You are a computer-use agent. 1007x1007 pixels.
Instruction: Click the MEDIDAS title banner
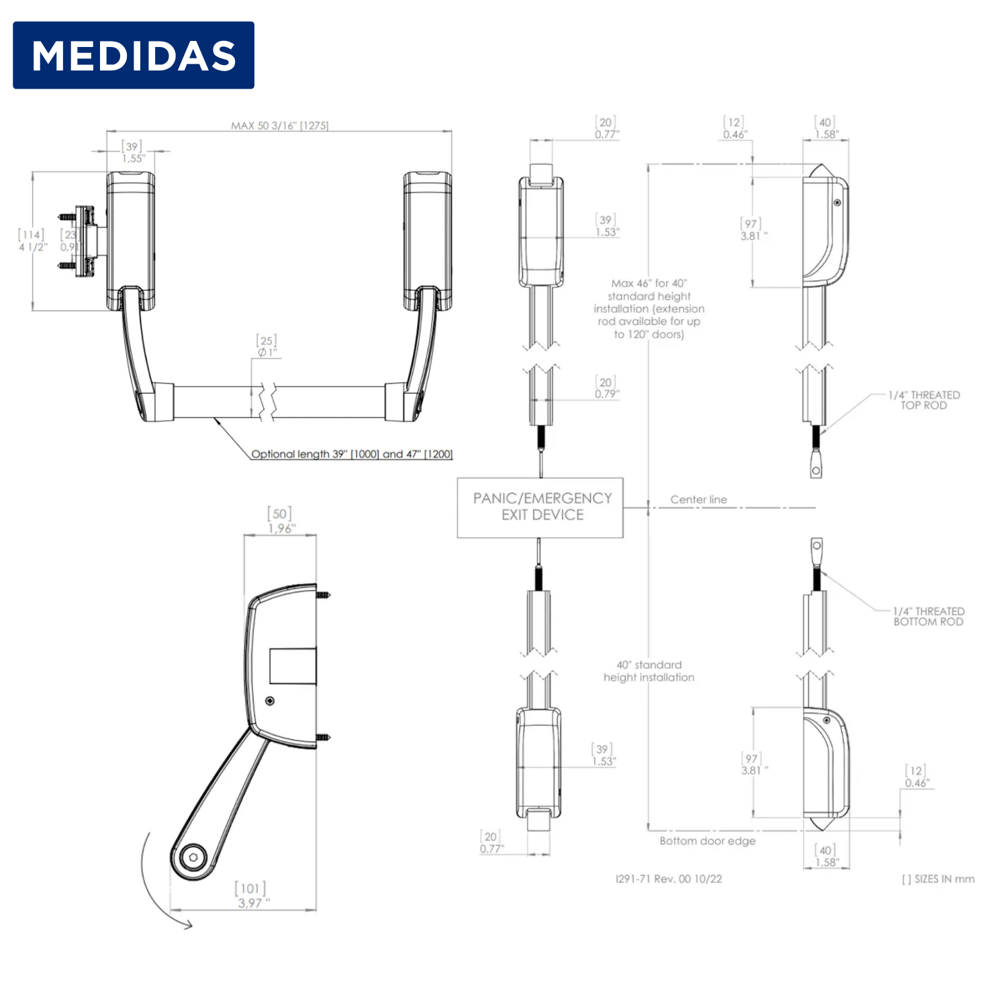click(134, 55)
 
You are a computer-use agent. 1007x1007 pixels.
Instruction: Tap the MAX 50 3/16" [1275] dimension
click(280, 126)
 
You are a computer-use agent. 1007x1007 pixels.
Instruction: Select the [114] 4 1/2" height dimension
click(32, 240)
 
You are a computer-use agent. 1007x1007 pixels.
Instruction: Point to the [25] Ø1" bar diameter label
click(267, 346)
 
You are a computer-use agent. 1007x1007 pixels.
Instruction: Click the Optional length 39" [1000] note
click(352, 454)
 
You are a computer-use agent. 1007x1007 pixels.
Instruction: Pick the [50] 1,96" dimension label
click(281, 521)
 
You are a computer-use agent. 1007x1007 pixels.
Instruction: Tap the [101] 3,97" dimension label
click(252, 896)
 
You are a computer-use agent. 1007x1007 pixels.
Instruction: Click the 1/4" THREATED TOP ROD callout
click(924, 400)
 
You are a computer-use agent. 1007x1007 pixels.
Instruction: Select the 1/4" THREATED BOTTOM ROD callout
click(928, 616)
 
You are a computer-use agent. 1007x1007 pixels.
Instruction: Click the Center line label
click(698, 499)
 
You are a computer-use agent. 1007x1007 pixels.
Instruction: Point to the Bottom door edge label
click(708, 841)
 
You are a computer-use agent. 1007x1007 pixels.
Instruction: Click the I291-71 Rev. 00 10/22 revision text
click(669, 879)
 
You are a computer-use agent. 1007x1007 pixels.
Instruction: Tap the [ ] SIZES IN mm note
click(938, 879)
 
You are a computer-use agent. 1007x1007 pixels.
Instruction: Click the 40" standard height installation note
click(649, 671)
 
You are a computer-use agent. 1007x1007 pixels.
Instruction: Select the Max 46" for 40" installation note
click(649, 309)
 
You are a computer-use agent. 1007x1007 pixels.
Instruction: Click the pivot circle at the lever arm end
click(193, 857)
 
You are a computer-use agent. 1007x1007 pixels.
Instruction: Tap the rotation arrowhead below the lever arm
click(187, 925)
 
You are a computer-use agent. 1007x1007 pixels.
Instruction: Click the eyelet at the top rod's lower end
click(816, 471)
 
